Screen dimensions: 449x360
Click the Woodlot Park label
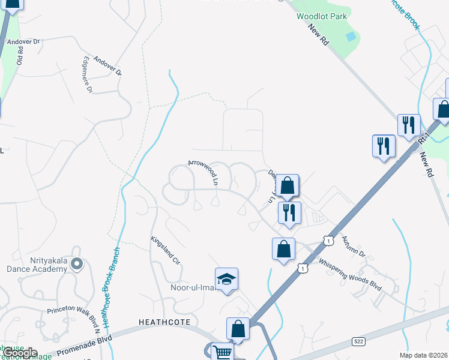pos(322,16)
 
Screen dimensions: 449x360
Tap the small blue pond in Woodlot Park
pos(351,37)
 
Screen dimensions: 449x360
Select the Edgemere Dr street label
pos(87,74)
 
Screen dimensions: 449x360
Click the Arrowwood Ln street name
pos(202,171)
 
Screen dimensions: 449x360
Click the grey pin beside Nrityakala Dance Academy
pos(76,264)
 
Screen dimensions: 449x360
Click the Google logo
pos(19,353)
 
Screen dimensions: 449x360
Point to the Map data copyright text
pos(423,355)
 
